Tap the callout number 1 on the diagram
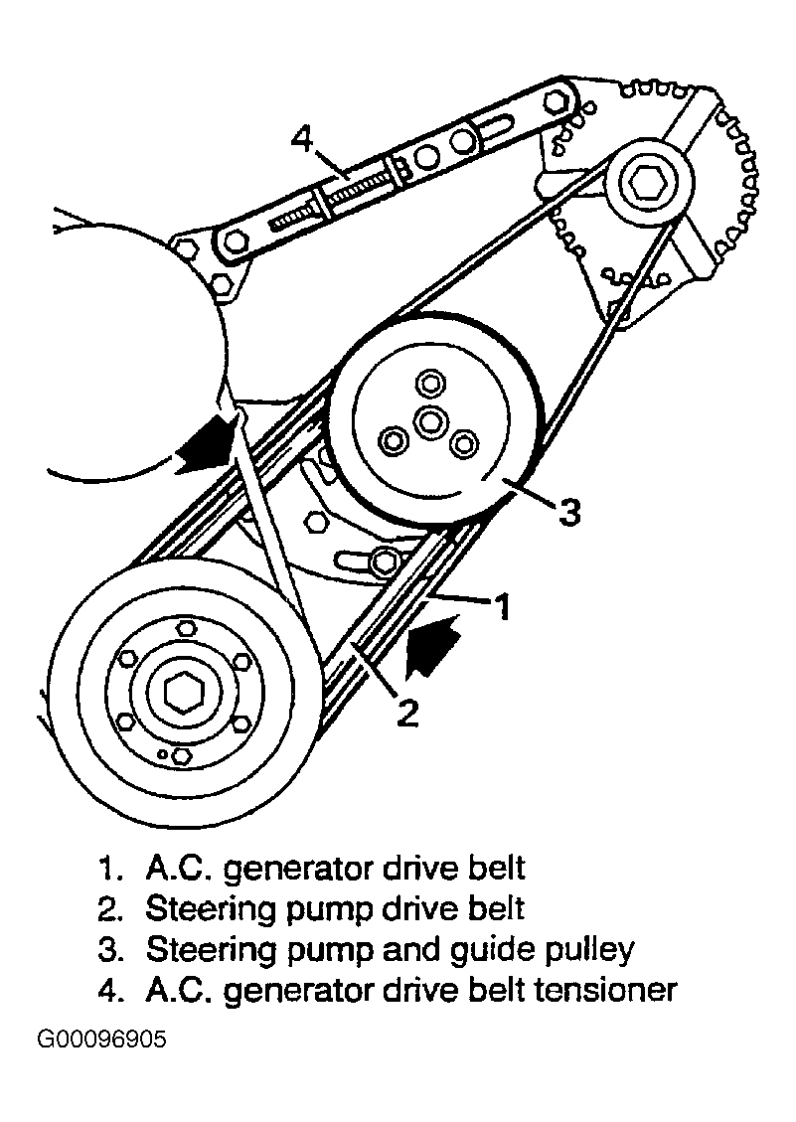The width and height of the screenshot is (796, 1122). tap(503, 605)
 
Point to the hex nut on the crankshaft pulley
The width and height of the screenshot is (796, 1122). tap(180, 691)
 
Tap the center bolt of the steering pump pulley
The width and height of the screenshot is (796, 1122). tap(429, 421)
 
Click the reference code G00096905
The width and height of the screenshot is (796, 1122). tap(103, 1041)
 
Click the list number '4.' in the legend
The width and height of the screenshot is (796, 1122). tap(110, 990)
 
